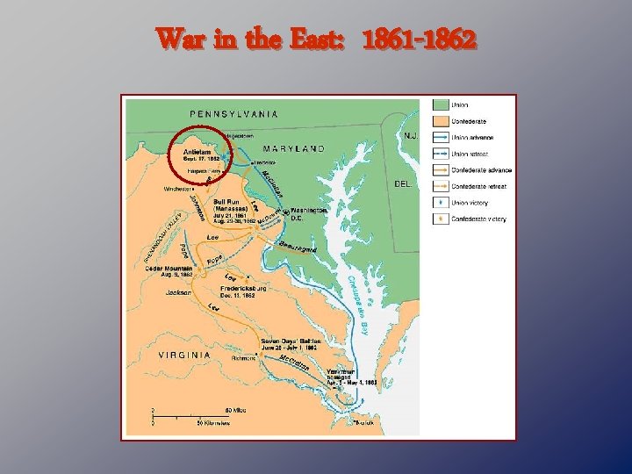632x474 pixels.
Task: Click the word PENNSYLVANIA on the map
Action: pyautogui.click(x=234, y=113)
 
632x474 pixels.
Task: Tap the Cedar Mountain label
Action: pyautogui.click(x=183, y=269)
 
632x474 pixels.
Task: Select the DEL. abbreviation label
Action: pyautogui.click(x=405, y=184)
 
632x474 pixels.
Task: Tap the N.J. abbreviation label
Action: pyautogui.click(x=410, y=136)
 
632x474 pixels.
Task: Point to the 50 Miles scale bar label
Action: pyautogui.click(x=235, y=410)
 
